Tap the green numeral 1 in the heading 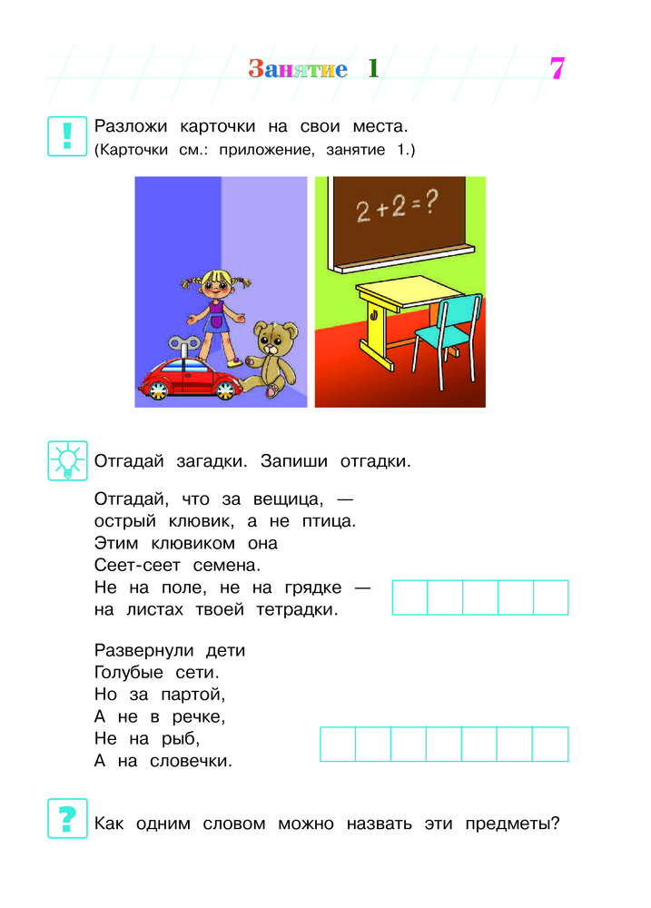(372, 69)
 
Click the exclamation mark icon (66, 135)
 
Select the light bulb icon (66, 460)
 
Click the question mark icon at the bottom (66, 819)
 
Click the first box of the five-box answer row (409, 598)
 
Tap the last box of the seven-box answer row (550, 745)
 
